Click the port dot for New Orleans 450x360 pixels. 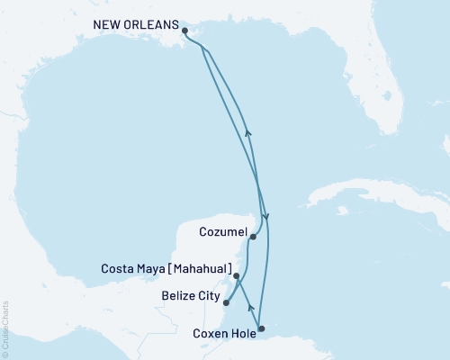[184, 30]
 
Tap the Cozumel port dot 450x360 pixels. [253, 237]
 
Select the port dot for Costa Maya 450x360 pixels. [237, 276]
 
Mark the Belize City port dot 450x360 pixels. [226, 302]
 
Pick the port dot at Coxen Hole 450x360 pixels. [262, 328]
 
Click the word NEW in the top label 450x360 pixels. [107, 27]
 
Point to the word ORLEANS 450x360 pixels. [148, 27]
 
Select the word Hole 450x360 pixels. [240, 333]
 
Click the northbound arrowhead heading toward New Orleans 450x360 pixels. [247, 132]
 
